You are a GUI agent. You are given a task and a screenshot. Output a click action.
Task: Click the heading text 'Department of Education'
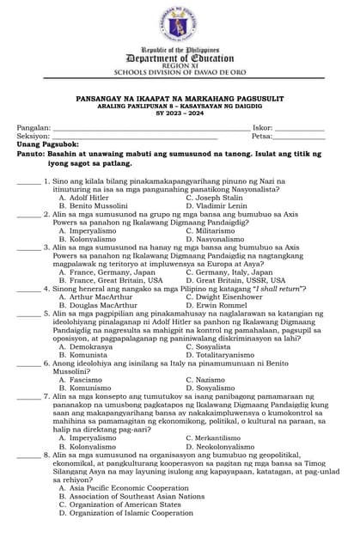tap(180, 58)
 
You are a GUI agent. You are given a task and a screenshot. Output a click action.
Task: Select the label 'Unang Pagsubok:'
tap(47, 145)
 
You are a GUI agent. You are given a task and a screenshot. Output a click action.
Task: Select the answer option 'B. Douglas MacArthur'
tap(98, 304)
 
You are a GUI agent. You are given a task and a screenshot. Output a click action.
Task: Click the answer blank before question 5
tap(28, 314)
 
